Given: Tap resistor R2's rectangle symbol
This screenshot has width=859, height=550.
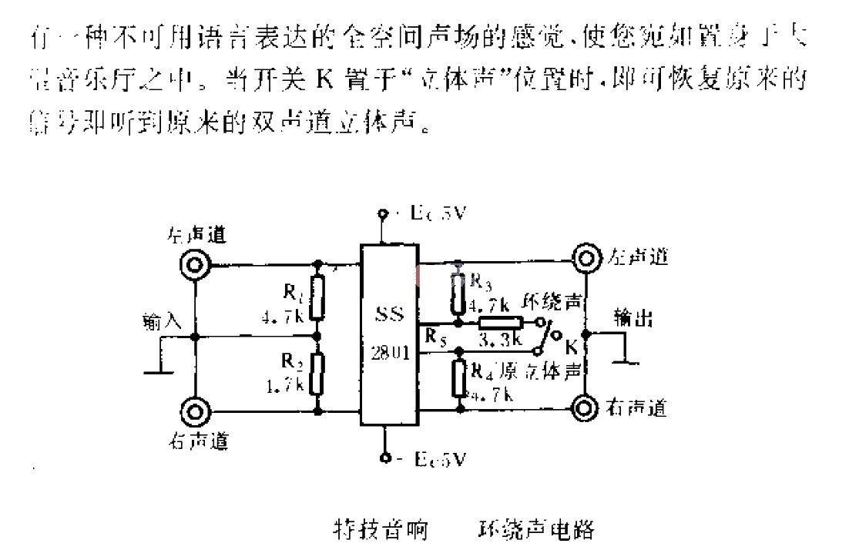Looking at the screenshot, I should [x=317, y=373].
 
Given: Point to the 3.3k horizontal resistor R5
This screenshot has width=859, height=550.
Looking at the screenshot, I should [x=500, y=323].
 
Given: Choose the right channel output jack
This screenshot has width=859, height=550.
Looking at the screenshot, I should [x=586, y=407].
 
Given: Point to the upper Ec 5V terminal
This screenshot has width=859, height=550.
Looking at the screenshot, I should [x=383, y=215].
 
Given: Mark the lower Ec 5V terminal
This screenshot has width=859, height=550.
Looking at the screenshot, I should [x=383, y=459].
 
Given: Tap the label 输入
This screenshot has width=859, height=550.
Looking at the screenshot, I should [x=161, y=322].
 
